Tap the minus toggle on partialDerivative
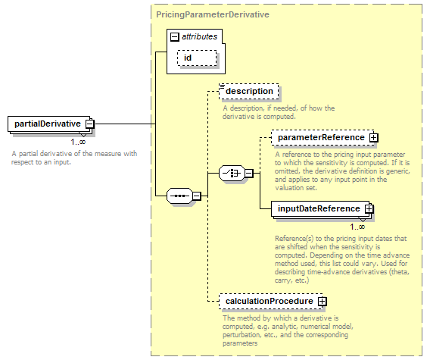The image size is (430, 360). click(x=89, y=124)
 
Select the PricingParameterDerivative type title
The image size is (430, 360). click(x=213, y=14)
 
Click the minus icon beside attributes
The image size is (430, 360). click(x=175, y=37)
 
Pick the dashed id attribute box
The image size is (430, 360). click(x=197, y=58)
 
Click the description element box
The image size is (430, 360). click(x=249, y=91)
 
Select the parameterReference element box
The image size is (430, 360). click(x=322, y=137)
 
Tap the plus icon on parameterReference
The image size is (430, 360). click(x=373, y=137)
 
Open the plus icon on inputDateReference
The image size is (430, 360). click(x=369, y=209)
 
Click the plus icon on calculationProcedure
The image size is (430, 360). click(x=322, y=302)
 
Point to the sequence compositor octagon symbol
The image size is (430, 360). click(x=179, y=196)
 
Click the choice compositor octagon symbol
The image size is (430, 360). click(x=232, y=174)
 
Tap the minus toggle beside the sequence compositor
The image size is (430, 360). click(x=197, y=196)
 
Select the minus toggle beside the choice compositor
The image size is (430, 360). click(x=249, y=174)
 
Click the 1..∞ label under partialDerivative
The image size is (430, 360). click(x=78, y=142)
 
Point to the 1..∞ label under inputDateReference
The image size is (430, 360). click(x=357, y=227)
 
